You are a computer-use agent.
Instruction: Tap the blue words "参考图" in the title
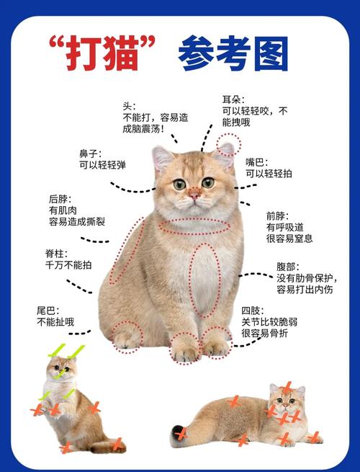233,53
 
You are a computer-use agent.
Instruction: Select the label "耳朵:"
233,99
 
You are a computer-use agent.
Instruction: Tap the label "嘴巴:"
257,161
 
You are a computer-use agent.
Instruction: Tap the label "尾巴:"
48,310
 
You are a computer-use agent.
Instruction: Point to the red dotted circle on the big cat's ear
230,144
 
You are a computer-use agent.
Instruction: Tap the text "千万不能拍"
68,264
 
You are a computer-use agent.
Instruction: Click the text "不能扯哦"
55,322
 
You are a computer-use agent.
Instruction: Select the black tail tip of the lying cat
178,433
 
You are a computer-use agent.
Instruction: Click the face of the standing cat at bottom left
60,370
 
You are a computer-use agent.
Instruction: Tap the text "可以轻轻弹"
102,165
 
